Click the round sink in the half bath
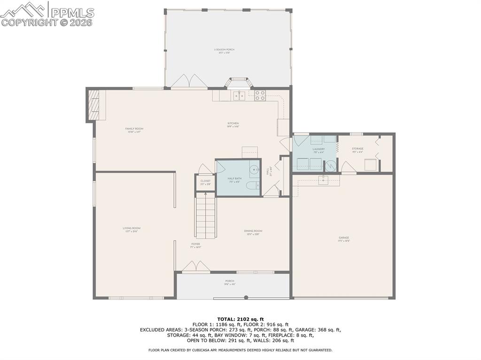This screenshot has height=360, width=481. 254,170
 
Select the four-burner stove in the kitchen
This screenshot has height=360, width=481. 260,95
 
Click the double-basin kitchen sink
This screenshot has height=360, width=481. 239,96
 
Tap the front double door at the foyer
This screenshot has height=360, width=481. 196,267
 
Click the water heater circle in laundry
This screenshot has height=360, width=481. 331,166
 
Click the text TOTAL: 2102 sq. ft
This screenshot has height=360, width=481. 240,319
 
